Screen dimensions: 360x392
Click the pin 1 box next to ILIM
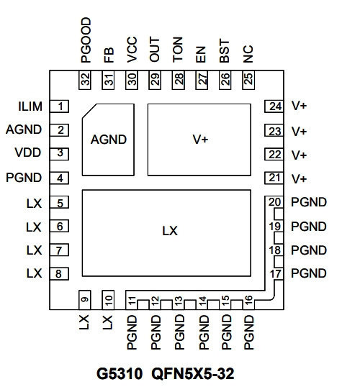[59, 106]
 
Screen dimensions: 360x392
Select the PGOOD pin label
[86, 40]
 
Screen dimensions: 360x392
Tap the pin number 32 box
[85, 80]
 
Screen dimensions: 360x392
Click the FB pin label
[109, 55]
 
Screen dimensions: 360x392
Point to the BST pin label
[225, 51]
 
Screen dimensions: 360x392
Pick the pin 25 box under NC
[248, 80]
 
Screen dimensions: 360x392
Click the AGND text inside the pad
[109, 140]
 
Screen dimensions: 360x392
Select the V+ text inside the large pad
[200, 140]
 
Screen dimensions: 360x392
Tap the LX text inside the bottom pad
[170, 231]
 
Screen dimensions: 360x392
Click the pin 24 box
[274, 106]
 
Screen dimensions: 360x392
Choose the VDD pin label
[28, 152]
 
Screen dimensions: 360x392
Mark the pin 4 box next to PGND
[59, 178]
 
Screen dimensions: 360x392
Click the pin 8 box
[59, 274]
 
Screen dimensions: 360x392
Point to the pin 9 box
[85, 300]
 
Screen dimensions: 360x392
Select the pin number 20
[275, 202]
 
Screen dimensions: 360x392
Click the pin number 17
[276, 274]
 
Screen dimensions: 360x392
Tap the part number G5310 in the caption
[120, 374]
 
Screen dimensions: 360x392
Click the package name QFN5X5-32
[193, 374]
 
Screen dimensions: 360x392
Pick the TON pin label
[178, 50]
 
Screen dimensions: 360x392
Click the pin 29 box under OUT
[155, 80]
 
